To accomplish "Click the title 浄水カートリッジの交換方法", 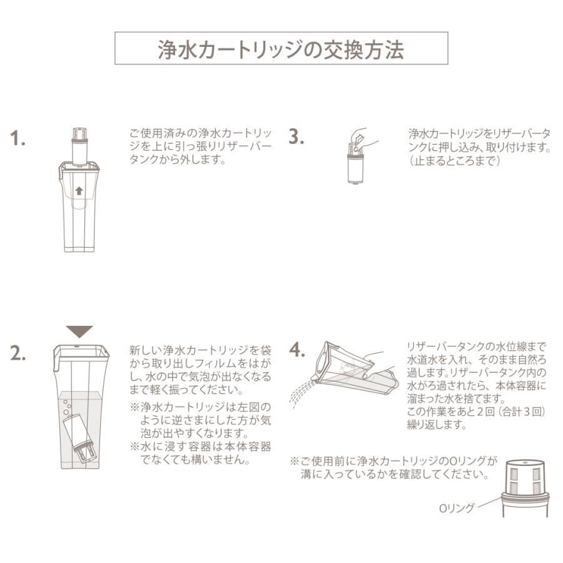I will point(281,49).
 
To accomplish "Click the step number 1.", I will point(19,138).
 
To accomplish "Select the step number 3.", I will point(296,137).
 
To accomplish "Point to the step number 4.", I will point(297,350).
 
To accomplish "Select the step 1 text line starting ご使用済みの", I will point(200,134).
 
